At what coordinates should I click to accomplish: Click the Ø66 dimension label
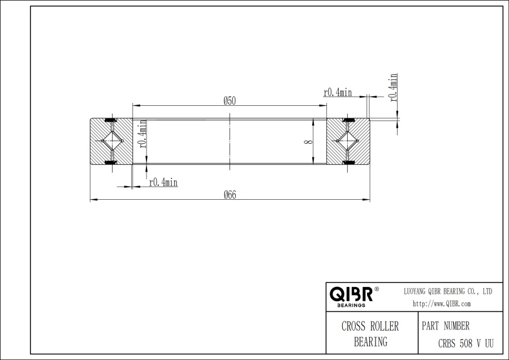(x=230, y=194)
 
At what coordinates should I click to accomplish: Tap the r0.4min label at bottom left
(x=163, y=182)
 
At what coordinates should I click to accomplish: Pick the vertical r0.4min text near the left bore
(x=143, y=134)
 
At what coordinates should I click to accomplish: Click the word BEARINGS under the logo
(x=351, y=305)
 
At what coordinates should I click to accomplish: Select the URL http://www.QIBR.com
(x=442, y=303)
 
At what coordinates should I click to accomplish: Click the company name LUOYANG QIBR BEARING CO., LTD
(x=447, y=291)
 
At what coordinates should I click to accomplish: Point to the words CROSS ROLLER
(x=370, y=327)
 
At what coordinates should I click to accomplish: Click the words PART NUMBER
(x=446, y=327)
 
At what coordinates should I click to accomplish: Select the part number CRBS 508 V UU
(x=466, y=342)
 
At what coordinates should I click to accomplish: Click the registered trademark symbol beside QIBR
(x=377, y=289)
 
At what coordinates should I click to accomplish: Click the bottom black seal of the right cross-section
(x=348, y=163)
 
